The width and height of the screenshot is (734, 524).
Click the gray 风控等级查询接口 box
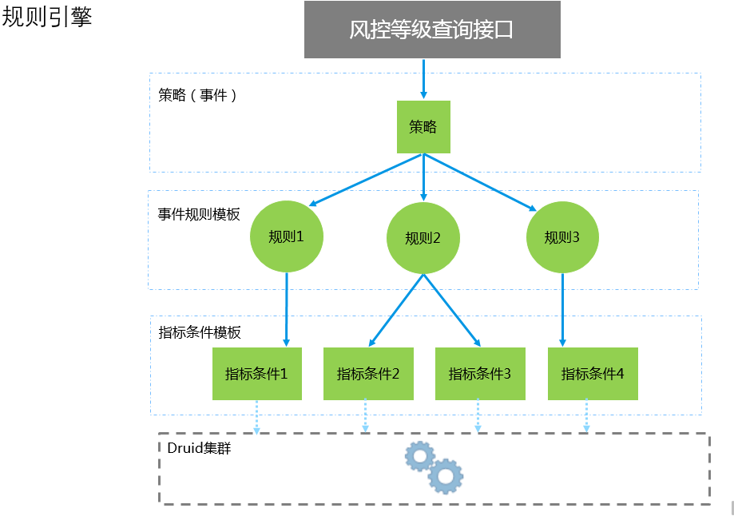pyautogui.click(x=432, y=30)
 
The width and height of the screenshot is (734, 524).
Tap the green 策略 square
pyautogui.click(x=423, y=127)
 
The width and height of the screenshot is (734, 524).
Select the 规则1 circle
pyautogui.click(x=286, y=236)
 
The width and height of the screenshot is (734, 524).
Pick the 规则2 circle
pyautogui.click(x=423, y=238)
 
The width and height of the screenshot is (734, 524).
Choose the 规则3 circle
pyautogui.click(x=562, y=237)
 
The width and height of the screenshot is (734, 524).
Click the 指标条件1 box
pyautogui.click(x=256, y=373)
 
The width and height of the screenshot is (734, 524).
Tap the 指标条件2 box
pyautogui.click(x=368, y=373)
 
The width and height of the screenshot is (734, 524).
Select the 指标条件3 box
pyautogui.click(x=480, y=373)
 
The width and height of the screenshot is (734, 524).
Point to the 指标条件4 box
pyautogui.click(x=593, y=373)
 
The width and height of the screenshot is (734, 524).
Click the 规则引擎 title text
pyautogui.click(x=47, y=18)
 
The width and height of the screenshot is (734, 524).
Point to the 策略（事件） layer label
pyautogui.click(x=198, y=95)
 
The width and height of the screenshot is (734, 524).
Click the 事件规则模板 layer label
pyautogui.click(x=199, y=215)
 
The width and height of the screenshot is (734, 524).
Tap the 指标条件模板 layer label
pyautogui.click(x=200, y=332)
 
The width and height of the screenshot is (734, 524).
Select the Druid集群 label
pyautogui.click(x=200, y=448)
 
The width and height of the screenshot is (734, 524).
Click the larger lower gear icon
pyautogui.click(x=445, y=476)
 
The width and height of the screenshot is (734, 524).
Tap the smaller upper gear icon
pyautogui.click(x=419, y=456)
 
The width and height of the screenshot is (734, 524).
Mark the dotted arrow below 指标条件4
pyautogui.click(x=586, y=415)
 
